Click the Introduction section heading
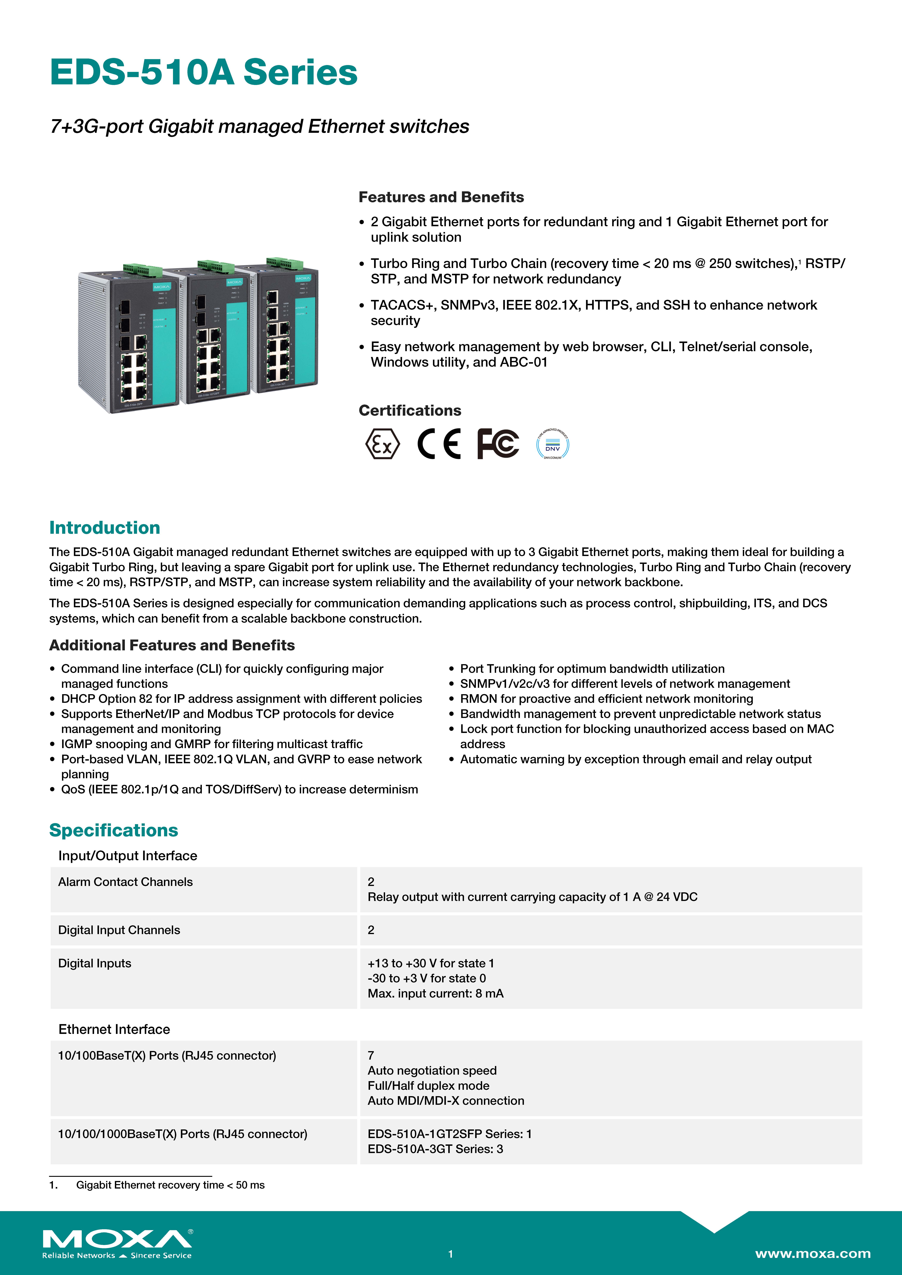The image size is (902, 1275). [104, 527]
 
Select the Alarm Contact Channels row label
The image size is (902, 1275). [126, 882]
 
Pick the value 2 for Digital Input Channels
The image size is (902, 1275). [371, 930]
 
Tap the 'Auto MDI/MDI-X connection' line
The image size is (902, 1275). [446, 1101]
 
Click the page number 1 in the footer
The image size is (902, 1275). [451, 1254]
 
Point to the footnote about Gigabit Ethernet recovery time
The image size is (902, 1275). [170, 1185]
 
